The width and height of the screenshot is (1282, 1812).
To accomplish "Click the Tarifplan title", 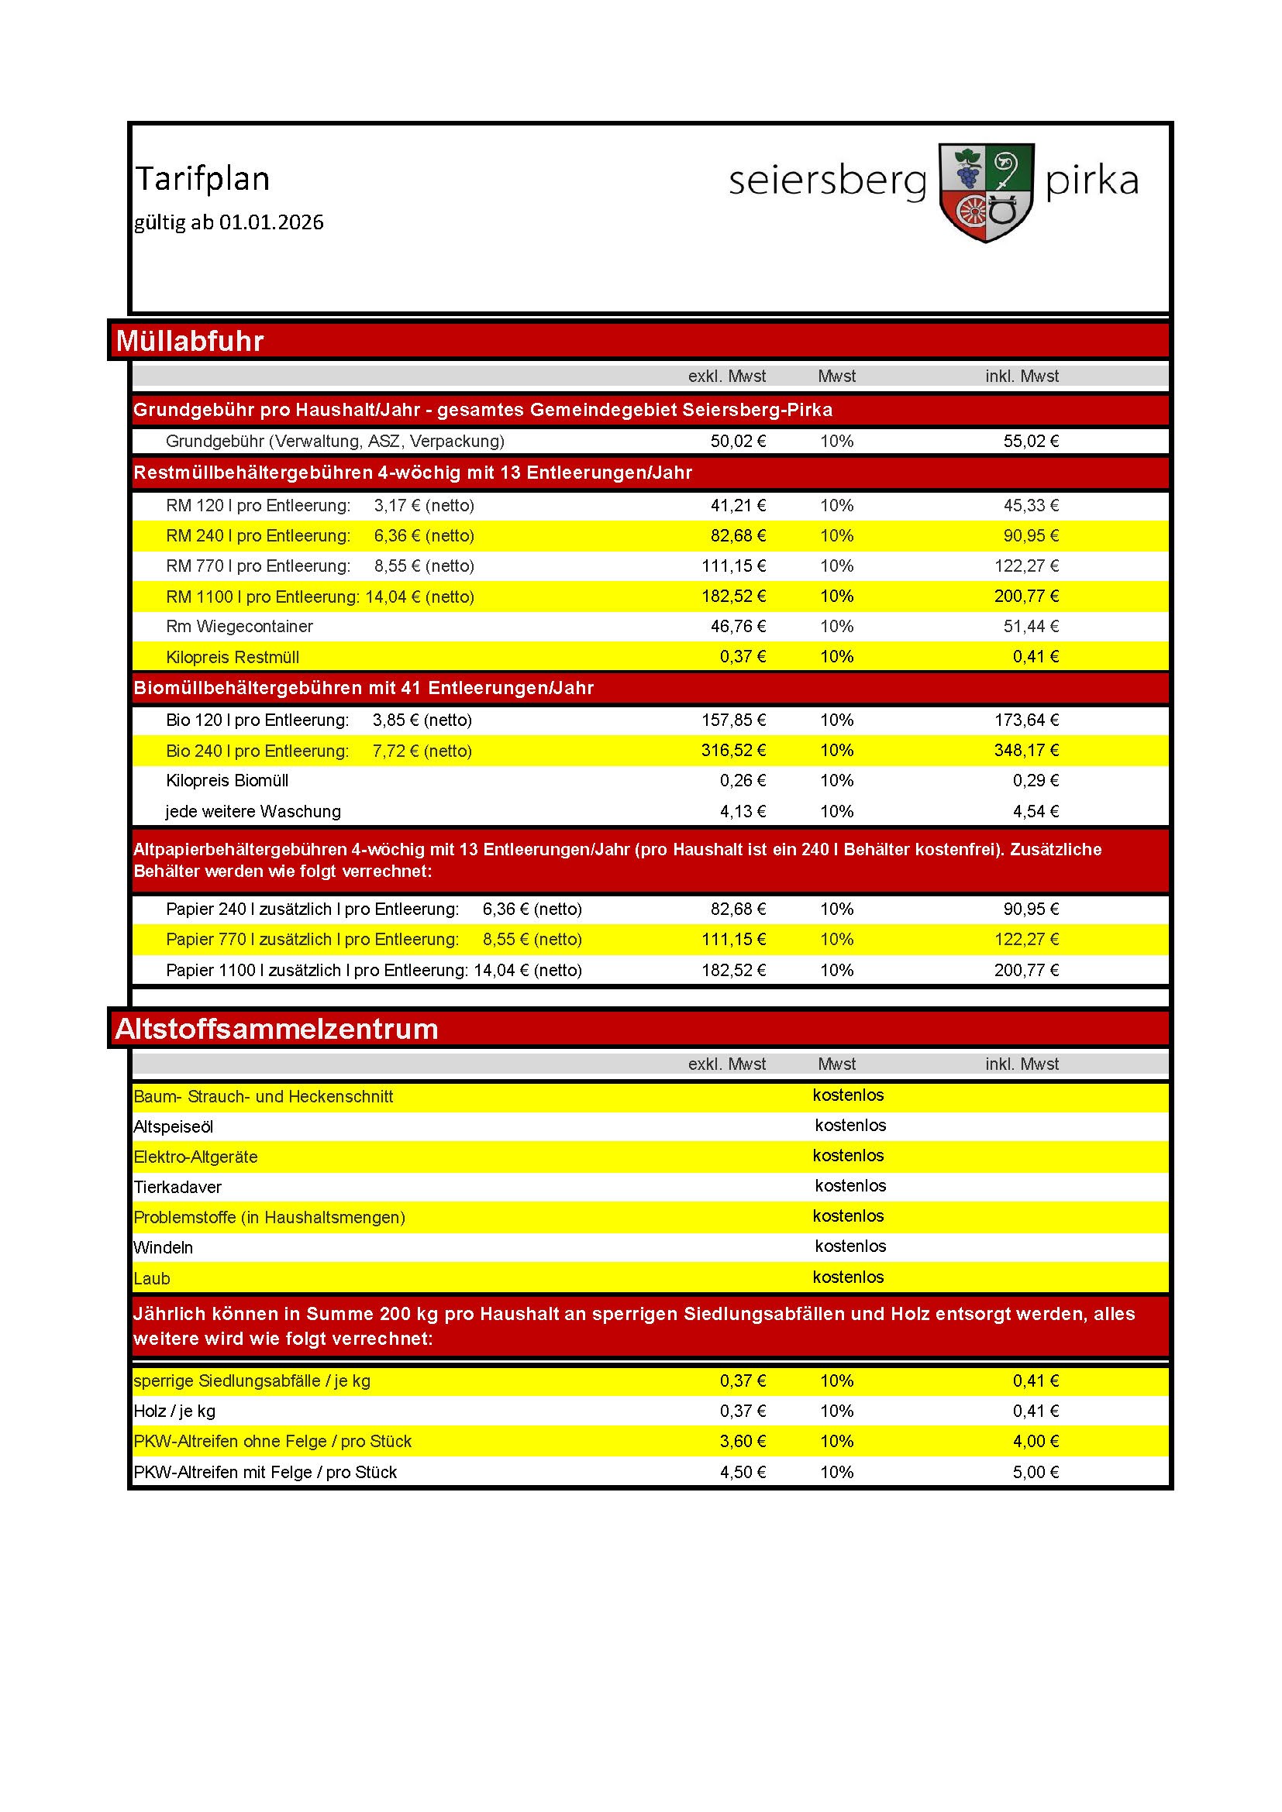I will tap(203, 178).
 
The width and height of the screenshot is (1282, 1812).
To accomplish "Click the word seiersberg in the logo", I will tap(826, 181).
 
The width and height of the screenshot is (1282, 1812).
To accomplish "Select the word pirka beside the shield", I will tap(1091, 181).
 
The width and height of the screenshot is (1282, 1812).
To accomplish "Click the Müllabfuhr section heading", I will tap(189, 341).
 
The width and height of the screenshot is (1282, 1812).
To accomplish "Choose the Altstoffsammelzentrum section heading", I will tap(276, 1029).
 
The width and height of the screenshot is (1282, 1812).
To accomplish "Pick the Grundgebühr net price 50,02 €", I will tap(738, 441).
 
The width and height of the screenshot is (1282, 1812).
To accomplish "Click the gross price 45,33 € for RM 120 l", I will tap(1031, 505).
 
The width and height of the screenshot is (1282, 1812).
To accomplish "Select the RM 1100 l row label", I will tap(319, 597).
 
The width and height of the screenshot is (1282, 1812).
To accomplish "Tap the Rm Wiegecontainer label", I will tap(240, 627).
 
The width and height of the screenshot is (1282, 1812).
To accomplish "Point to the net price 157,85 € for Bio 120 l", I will tap(733, 720).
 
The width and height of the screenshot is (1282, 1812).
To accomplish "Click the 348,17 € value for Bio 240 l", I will tap(1026, 751).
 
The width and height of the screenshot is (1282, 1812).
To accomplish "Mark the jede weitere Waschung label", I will tap(253, 811).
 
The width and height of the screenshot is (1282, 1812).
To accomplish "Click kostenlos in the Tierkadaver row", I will tap(850, 1185).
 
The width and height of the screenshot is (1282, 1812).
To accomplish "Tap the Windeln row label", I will tap(164, 1247).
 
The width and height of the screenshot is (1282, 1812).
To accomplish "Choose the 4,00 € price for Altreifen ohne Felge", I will tap(1036, 1441).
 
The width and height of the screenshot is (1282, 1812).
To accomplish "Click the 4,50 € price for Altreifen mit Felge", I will tap(742, 1472).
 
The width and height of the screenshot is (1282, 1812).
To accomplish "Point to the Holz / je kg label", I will tap(174, 1411).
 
